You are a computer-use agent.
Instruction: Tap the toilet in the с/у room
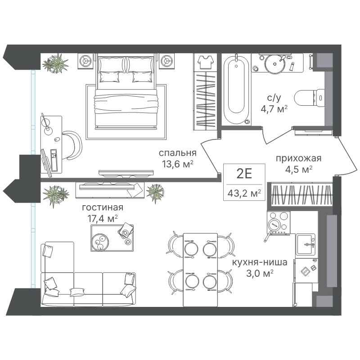point(309,98)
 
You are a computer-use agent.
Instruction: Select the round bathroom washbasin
point(275,64)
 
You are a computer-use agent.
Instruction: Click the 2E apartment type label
point(244,173)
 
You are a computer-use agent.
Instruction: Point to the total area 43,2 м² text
point(244,193)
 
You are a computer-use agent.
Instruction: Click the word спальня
point(177,153)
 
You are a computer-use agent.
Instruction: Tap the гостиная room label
point(103,207)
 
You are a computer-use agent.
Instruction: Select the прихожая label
point(298,158)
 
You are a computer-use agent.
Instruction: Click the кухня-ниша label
point(260,262)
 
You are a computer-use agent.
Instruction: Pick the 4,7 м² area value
point(274,108)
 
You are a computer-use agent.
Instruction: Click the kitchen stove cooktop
point(279,222)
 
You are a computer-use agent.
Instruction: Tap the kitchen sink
point(305,244)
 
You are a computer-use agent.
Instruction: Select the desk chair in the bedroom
point(72,145)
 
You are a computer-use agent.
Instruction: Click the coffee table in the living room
point(112,238)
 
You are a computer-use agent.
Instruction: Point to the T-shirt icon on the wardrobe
point(205,62)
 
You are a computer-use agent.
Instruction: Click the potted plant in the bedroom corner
point(55,63)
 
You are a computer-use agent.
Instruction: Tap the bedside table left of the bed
point(86,61)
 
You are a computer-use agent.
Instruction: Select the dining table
point(200,270)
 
